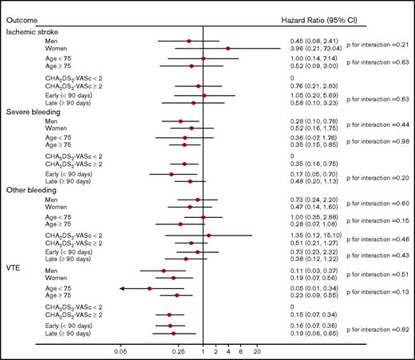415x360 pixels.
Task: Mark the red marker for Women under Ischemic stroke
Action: click(x=228, y=49)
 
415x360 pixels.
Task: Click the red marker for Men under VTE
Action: click(x=164, y=271)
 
